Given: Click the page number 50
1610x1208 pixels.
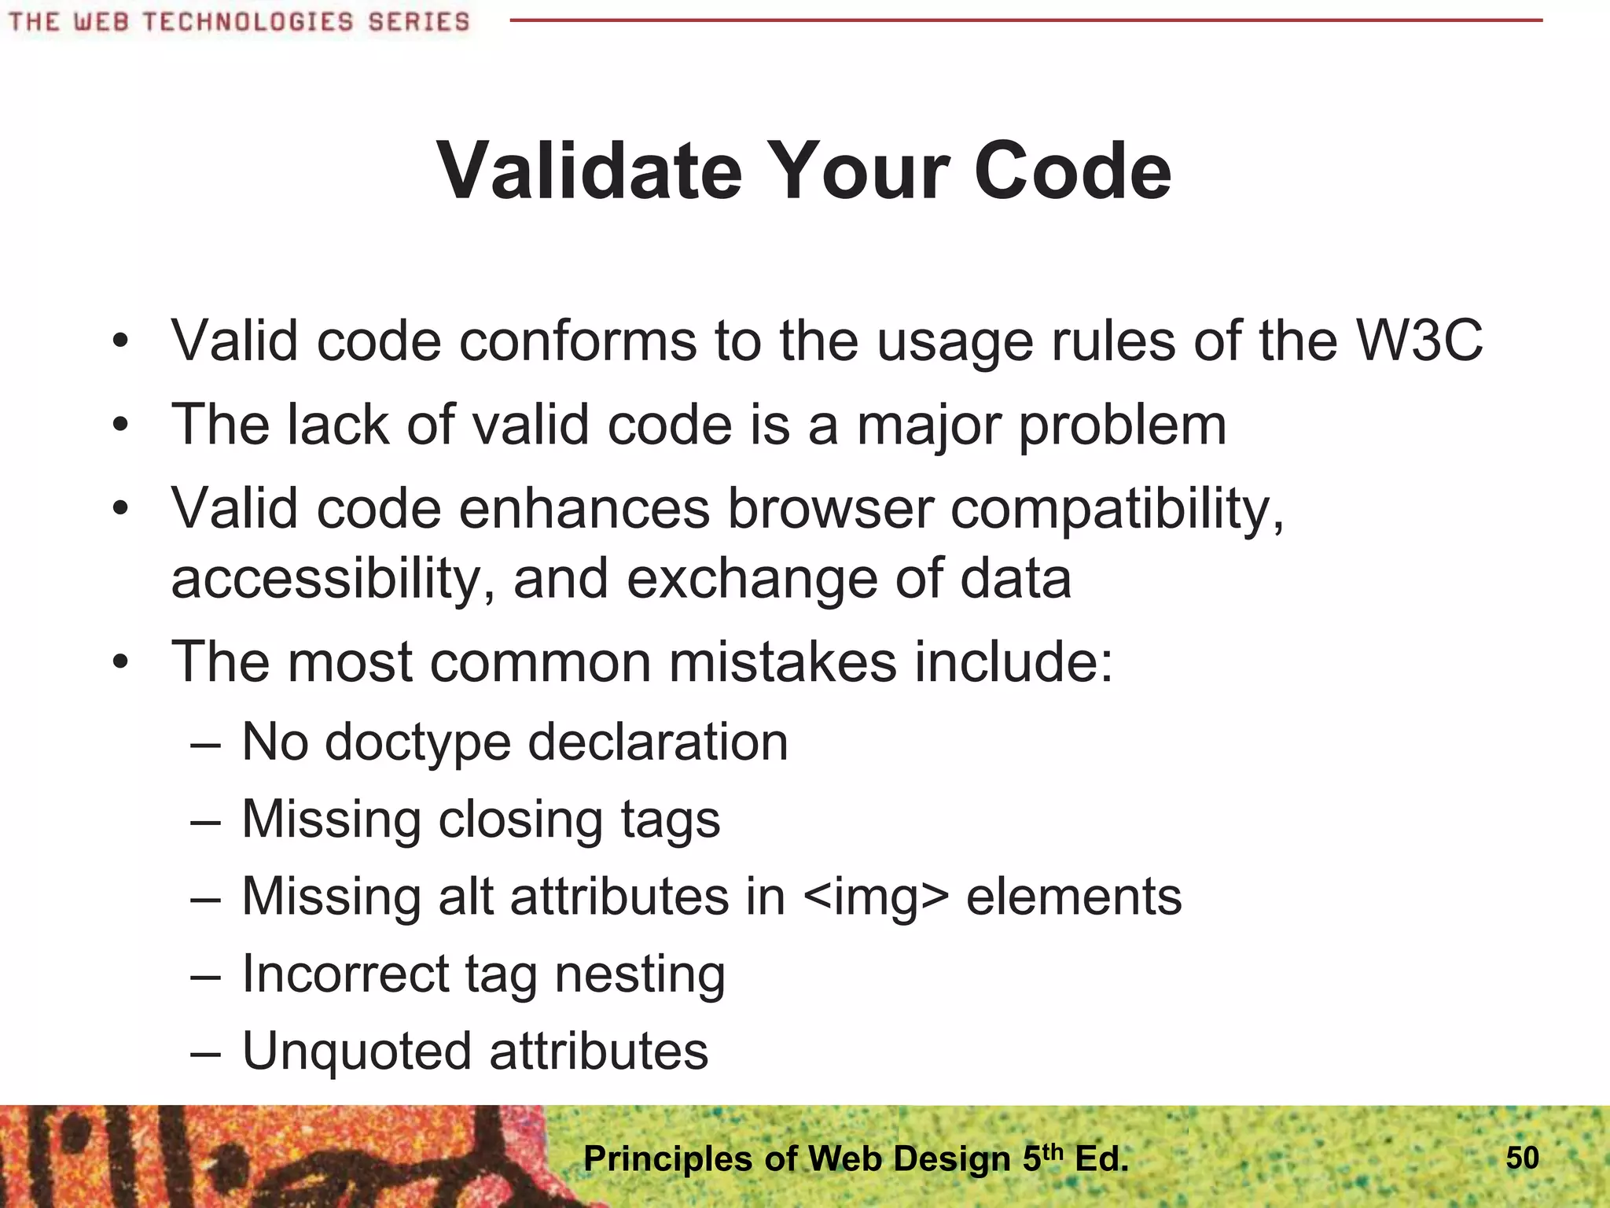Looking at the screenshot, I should click(1522, 1158).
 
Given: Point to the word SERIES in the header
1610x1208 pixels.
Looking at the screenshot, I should click(418, 21).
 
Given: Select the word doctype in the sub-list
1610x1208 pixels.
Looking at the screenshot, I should click(417, 742).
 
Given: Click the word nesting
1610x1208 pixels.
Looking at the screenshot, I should click(640, 974).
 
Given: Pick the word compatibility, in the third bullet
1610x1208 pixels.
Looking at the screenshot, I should click(1117, 509).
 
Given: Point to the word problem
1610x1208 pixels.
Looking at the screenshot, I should click(1122, 425).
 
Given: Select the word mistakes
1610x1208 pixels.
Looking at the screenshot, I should click(782, 661).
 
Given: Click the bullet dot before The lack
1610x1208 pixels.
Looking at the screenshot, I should click(119, 425).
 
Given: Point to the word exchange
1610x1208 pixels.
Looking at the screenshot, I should click(752, 578).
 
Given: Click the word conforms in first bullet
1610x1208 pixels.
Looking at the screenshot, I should click(578, 341).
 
